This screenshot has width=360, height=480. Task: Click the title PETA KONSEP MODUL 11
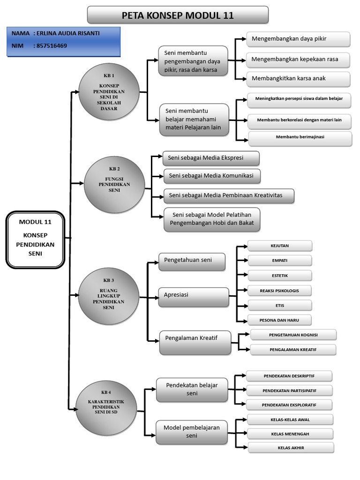(178, 15)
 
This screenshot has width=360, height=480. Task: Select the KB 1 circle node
(109, 91)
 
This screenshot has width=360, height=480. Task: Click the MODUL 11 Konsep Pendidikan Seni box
(35, 239)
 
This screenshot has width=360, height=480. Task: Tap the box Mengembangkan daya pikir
(298, 39)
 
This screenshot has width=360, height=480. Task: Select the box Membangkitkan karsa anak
(298, 78)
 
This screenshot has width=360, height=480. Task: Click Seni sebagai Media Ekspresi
(210, 158)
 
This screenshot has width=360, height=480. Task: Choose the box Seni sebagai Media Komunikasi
(212, 176)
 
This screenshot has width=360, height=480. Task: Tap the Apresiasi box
(193, 295)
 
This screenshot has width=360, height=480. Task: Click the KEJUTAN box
(279, 246)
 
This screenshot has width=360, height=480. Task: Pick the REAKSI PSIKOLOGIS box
(279, 291)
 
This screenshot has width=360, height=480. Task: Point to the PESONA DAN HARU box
(279, 321)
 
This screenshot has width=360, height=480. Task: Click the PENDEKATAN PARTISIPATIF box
(289, 390)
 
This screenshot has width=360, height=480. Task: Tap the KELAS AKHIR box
(290, 448)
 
